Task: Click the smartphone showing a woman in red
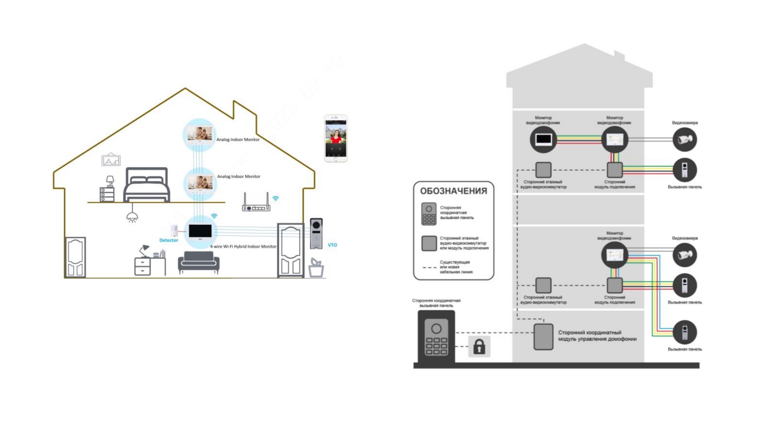(336, 139)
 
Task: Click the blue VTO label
(332, 245)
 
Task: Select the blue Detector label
(169, 240)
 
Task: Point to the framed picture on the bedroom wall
(111, 160)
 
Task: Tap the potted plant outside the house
(316, 268)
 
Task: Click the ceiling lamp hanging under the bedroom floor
(132, 216)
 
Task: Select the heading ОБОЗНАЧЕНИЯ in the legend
(453, 191)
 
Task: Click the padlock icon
(479, 347)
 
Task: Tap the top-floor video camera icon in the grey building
(684, 140)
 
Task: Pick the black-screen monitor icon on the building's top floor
(543, 140)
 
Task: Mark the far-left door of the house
(75, 257)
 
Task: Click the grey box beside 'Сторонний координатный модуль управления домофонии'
(543, 337)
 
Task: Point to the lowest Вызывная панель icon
(684, 332)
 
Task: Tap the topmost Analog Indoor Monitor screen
(199, 133)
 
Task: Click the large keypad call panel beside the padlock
(436, 337)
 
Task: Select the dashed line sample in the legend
(429, 267)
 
